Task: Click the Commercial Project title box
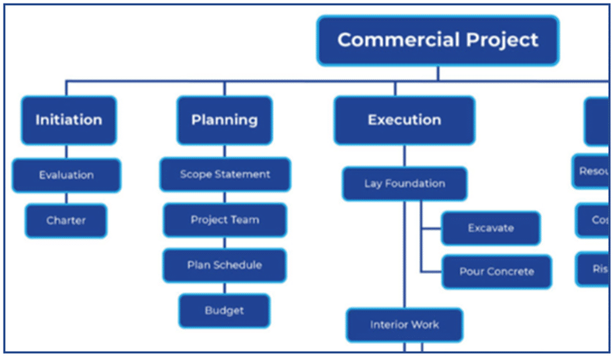[x=438, y=40]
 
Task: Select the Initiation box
[x=69, y=120]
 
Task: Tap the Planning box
[x=224, y=120]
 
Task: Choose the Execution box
[x=404, y=120]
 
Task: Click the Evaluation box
[x=66, y=175]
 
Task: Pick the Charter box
[x=66, y=221]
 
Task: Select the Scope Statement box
[x=225, y=174]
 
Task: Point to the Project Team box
[x=225, y=220]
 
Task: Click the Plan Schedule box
[x=224, y=265]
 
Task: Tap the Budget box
[x=224, y=310]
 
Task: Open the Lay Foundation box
[x=404, y=184]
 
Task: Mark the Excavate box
[x=490, y=228]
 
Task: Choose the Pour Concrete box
[x=496, y=271]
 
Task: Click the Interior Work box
[x=404, y=325]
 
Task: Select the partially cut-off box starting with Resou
[x=594, y=171]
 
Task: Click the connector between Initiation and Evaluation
[x=67, y=151]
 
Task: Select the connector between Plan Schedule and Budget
[x=224, y=288]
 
